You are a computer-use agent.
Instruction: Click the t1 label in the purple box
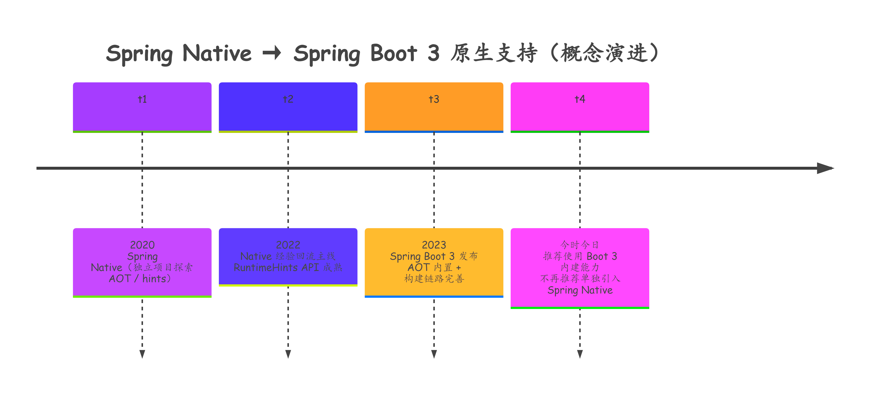coord(142,99)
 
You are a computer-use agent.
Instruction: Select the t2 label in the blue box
coord(288,99)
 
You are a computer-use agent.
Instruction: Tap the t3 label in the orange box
coord(434,99)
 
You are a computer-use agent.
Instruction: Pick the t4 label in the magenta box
coord(580,99)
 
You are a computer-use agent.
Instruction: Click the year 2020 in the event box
coord(142,245)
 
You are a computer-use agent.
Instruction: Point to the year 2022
coord(288,245)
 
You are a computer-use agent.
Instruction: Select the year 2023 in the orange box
coord(434,245)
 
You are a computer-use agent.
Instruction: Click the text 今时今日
coord(580,245)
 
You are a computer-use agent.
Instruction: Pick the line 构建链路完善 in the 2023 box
coord(434,279)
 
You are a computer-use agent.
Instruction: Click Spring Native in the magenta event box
coord(580,290)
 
